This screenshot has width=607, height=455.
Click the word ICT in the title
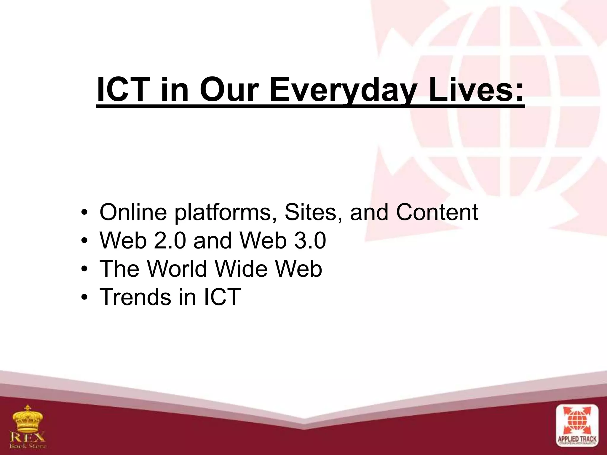coord(123,89)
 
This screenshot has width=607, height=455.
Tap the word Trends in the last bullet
coord(135,297)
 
